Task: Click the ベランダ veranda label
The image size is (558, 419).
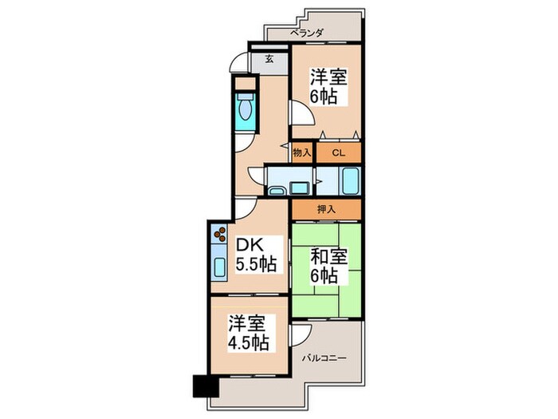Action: [306, 34]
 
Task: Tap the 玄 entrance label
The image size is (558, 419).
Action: [269, 60]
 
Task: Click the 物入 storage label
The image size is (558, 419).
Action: [302, 153]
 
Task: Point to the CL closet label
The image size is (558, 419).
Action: [339, 153]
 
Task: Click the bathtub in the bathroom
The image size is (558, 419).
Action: [350, 180]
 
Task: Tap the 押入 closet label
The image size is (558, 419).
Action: [326, 209]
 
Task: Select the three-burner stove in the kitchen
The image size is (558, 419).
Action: [219, 234]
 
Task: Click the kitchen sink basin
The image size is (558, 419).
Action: [219, 267]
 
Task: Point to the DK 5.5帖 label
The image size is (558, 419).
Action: [257, 255]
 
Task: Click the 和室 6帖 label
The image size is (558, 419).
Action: [328, 266]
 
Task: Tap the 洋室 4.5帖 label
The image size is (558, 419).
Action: [248, 333]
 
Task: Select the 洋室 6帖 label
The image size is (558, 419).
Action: [328, 86]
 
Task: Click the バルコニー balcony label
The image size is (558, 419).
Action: [324, 358]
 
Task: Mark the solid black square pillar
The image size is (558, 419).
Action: [206, 385]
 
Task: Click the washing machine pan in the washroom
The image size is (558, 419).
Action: [300, 188]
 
